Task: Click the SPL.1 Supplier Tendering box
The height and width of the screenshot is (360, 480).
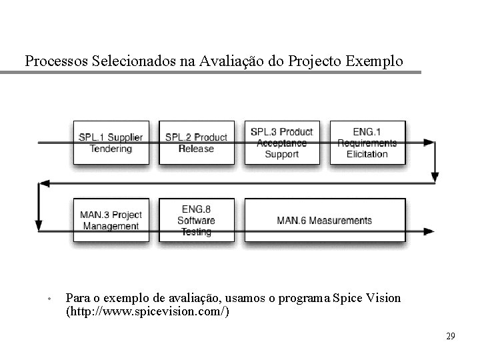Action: click(111, 143)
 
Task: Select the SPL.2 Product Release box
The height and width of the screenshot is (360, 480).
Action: click(196, 143)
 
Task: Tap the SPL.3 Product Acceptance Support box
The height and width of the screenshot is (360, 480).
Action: click(281, 143)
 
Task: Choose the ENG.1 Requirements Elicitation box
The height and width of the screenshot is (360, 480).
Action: click(367, 143)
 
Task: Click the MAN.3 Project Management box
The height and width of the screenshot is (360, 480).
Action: click(111, 221)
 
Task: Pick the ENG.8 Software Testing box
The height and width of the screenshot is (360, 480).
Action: click(196, 221)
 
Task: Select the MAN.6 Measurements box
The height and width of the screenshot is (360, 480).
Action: click(325, 221)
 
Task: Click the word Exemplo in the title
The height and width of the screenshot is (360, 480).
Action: click(374, 61)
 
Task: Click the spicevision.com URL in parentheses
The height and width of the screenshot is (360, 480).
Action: click(147, 311)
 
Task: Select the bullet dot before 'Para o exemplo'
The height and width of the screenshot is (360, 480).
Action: click(50, 299)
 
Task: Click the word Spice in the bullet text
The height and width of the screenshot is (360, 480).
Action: click(351, 299)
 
